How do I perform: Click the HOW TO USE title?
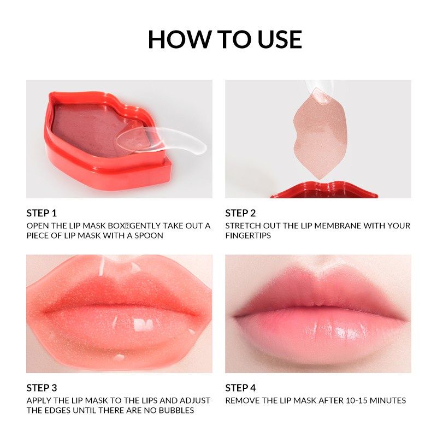pos(225,39)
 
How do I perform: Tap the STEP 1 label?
pos(42,213)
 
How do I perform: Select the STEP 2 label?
pos(240,213)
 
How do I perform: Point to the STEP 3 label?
pos(42,388)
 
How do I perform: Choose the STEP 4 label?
pos(240,388)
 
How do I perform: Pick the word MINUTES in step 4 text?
pos(388,400)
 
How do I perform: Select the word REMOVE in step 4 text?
pos(242,400)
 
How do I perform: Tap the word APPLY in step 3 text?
pos(39,400)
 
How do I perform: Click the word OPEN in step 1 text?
pos(37,226)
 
